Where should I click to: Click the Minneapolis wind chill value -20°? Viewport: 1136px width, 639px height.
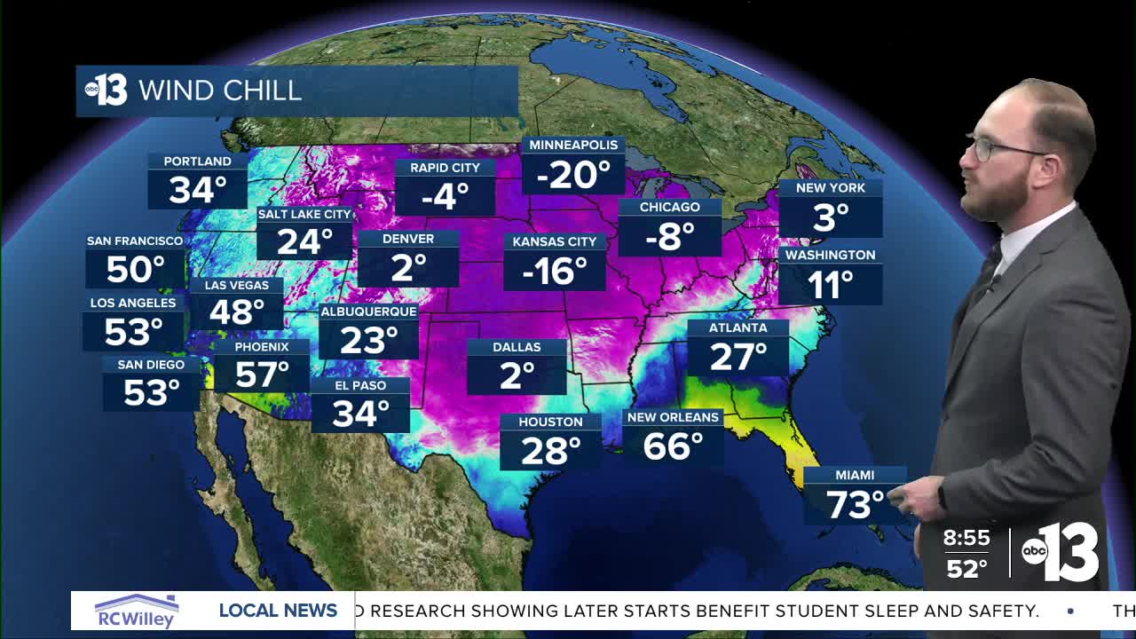tap(572, 175)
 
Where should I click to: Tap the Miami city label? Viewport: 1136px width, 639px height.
tap(855, 475)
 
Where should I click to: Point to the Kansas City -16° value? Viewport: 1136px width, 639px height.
tap(555, 271)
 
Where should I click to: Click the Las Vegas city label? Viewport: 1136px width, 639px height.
tap(236, 285)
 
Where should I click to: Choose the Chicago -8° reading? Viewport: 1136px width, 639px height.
tap(670, 237)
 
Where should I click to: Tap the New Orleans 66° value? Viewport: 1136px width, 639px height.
tap(673, 446)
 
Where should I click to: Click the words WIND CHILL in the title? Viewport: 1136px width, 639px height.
tap(220, 91)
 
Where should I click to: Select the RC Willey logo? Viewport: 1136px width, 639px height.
tap(137, 611)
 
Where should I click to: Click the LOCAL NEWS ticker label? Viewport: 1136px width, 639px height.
tap(278, 611)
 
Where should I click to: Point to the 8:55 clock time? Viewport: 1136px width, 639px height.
tap(966, 538)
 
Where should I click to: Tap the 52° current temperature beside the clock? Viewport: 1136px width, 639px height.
tap(966, 568)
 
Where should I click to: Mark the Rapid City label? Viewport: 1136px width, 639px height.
tap(445, 167)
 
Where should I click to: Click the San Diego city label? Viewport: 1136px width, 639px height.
tap(151, 364)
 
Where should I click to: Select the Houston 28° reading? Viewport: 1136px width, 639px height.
tap(550, 451)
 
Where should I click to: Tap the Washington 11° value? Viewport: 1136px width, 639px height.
tap(830, 285)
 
